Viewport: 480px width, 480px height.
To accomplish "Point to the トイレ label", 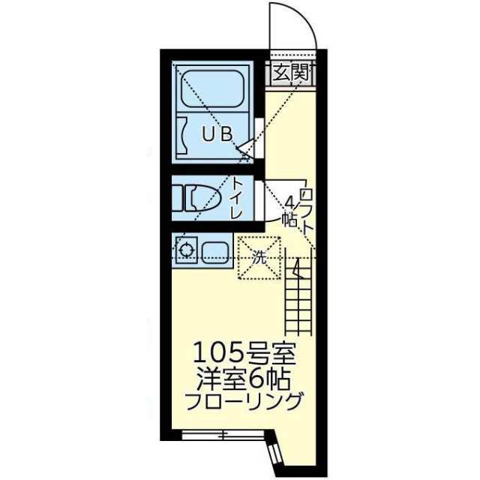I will [235, 196].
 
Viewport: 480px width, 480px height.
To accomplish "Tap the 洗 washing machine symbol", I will [258, 256].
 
